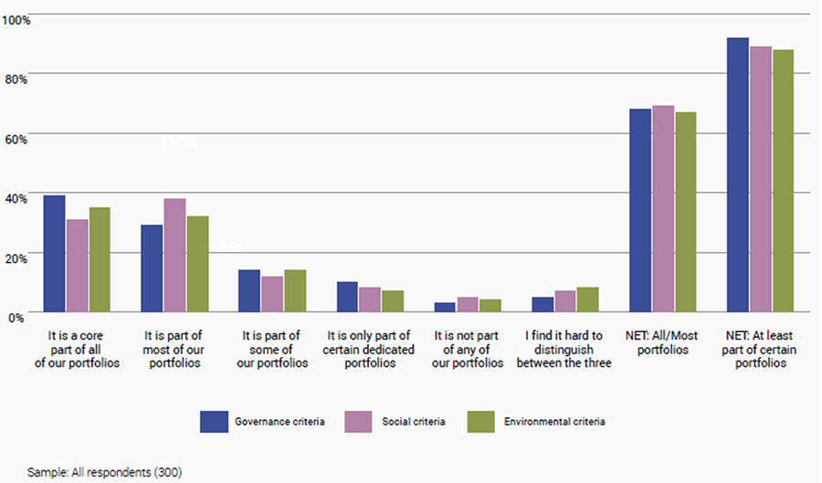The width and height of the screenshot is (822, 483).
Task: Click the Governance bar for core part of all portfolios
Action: pos(55,254)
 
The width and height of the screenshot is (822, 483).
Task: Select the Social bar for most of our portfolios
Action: pos(174,256)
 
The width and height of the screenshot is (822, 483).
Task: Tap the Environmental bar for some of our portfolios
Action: pos(295,291)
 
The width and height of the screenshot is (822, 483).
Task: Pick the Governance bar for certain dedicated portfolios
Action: pos(347,297)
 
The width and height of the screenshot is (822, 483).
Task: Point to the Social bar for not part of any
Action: pos(467,304)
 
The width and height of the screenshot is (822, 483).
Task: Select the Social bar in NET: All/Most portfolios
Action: pos(662,209)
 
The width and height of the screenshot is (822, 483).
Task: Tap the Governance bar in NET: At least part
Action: pos(737,174)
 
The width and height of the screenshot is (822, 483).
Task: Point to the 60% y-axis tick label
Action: pos(18,138)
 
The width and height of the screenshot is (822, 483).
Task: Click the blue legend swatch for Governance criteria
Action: pos(213,422)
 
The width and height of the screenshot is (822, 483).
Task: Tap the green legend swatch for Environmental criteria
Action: pos(479,422)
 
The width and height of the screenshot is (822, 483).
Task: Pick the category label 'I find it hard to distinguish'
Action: pos(564,349)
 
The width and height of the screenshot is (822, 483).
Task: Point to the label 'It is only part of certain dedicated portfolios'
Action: pos(369,349)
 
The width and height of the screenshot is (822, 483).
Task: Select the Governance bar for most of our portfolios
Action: pos(152,268)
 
